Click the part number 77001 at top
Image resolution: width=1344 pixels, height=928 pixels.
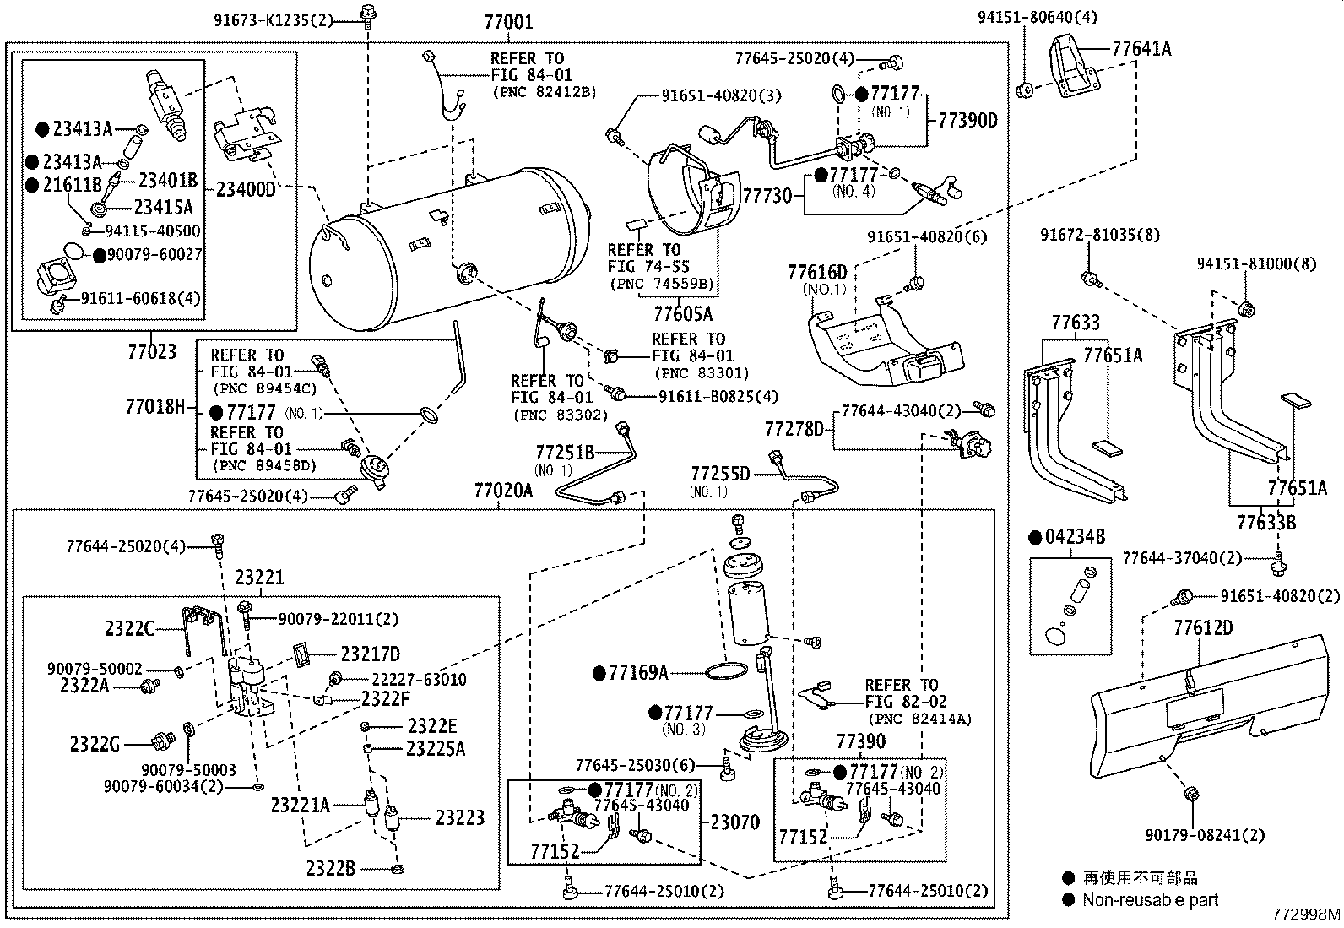coord(508,21)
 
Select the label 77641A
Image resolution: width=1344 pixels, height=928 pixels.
coord(1141,49)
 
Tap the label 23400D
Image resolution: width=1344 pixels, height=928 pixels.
coord(246,189)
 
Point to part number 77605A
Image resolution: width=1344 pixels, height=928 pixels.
coord(683,315)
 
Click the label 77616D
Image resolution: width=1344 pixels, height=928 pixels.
coord(816,273)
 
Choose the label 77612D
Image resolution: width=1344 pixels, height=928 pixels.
coord(1202,627)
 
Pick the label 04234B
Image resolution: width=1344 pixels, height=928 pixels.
coord(1075,537)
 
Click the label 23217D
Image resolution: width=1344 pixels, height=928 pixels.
coord(370,654)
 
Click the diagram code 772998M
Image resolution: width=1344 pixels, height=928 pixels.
coord(1306,914)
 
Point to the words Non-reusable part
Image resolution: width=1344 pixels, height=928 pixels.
coord(1150,900)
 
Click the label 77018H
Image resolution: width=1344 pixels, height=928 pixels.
coord(154,408)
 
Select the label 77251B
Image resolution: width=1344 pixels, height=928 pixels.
coord(565,452)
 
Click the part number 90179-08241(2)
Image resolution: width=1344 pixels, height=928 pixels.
coord(1205,835)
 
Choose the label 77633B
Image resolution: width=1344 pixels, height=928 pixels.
coord(1266,523)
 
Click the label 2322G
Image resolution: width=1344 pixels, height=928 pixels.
coord(95,744)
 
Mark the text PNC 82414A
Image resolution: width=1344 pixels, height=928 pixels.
coord(919,719)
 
